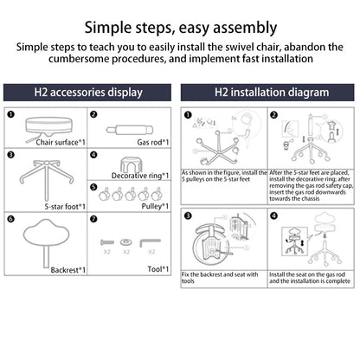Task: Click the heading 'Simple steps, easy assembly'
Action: click(181, 28)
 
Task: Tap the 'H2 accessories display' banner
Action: click(87, 93)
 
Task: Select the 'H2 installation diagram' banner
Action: click(267, 93)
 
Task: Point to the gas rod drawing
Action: click(130, 130)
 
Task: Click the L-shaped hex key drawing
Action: click(150, 241)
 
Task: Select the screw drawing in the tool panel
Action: click(107, 242)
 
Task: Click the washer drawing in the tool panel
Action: click(126, 241)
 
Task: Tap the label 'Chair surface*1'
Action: click(61, 142)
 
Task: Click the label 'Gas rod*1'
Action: click(153, 142)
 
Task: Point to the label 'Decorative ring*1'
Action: click(140, 176)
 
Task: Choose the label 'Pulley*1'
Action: click(155, 206)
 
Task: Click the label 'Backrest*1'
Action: click(68, 270)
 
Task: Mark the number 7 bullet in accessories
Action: click(93, 219)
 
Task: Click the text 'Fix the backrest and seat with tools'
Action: click(220, 278)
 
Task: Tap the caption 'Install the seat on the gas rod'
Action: click(307, 274)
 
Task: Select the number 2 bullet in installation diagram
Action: click(273, 115)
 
